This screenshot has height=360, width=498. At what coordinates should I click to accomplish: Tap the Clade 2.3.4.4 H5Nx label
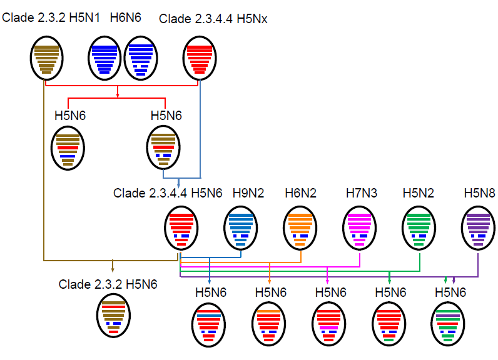coord(213,19)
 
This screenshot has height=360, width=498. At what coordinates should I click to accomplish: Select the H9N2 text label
coord(248,193)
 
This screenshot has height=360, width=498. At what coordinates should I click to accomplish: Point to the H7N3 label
coord(362,193)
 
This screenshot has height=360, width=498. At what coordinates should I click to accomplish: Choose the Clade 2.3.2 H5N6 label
coord(108,284)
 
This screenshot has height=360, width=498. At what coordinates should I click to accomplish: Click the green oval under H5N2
coord(420,229)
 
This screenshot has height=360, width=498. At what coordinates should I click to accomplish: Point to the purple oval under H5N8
coord(479,229)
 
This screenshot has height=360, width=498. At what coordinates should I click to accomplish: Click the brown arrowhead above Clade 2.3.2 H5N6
coord(113,269)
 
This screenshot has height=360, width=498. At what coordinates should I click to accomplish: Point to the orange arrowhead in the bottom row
coord(269,282)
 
